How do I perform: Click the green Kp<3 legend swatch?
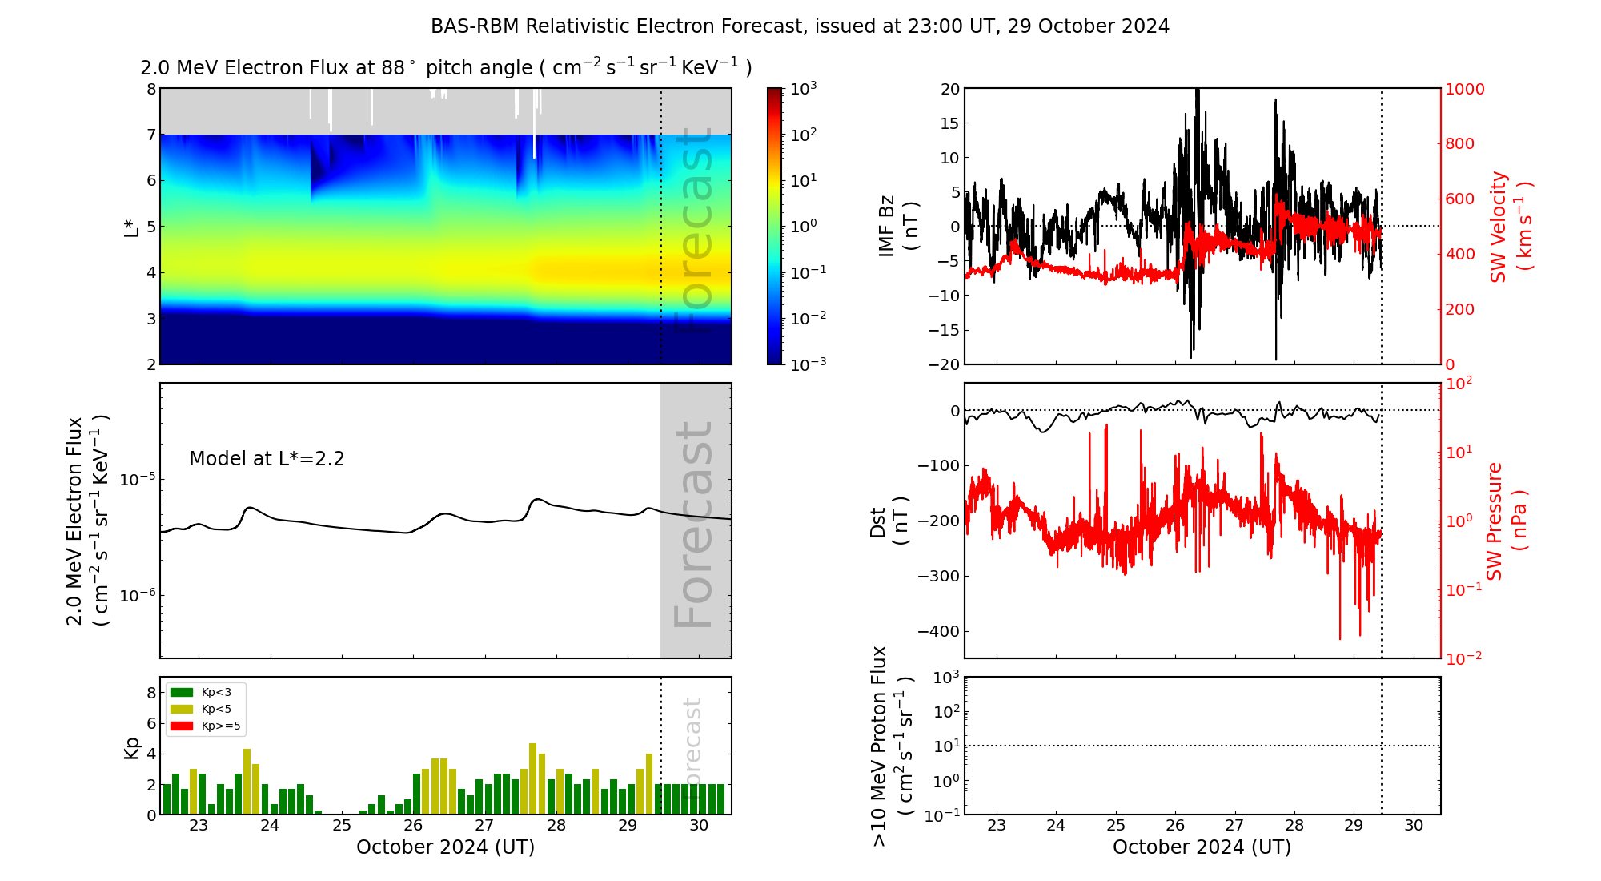(x=182, y=693)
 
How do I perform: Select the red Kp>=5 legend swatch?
(x=182, y=726)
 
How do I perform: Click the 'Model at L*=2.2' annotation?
(x=267, y=459)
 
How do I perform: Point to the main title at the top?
(x=800, y=26)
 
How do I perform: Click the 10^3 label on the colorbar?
(x=803, y=88)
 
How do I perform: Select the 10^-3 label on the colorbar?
(x=809, y=364)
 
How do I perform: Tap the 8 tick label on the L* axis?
(x=150, y=89)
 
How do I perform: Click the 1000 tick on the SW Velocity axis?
(x=1464, y=89)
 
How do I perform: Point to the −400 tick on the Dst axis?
(x=938, y=631)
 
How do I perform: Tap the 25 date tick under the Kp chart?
(x=342, y=826)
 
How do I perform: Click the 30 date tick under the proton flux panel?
(x=1414, y=826)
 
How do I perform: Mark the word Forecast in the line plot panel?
(x=693, y=525)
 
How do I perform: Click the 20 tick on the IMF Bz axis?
(x=949, y=89)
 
